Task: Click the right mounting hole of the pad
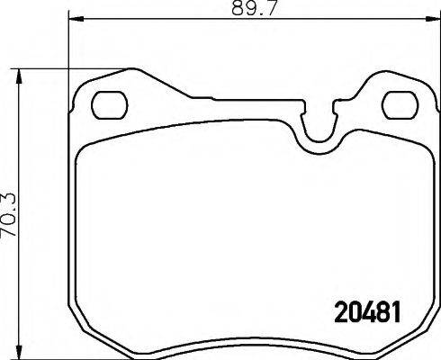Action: pos(395,103)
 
